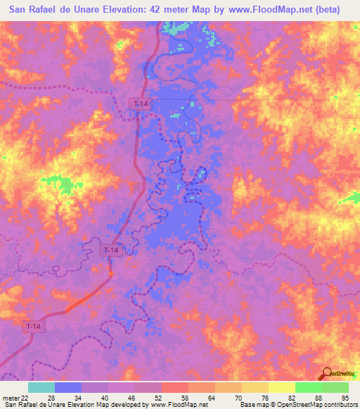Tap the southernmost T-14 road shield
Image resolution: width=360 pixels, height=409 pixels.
32,327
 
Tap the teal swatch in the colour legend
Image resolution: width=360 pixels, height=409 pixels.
41,387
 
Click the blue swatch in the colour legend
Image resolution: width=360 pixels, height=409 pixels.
67,387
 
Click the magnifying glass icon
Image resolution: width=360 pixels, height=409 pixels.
325,375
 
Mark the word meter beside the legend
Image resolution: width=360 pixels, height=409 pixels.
10,398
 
